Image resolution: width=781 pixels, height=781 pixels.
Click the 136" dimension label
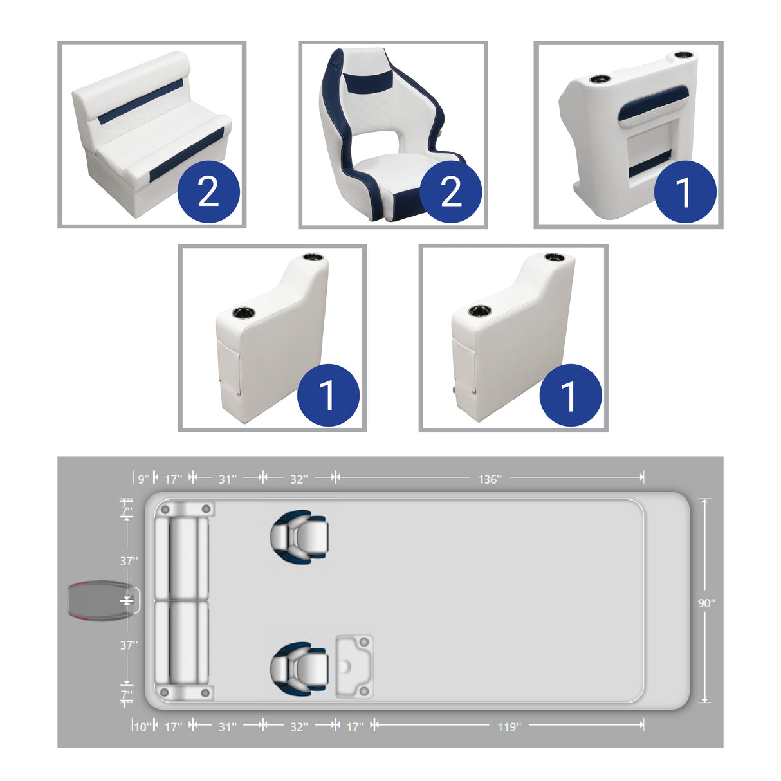(490, 479)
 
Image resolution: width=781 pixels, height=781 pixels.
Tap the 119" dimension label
(508, 727)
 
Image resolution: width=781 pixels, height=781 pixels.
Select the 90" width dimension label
(706, 603)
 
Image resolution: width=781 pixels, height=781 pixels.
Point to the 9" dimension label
(143, 479)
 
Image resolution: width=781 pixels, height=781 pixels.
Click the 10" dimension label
(142, 727)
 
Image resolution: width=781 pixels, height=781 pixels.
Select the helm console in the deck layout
(354, 666)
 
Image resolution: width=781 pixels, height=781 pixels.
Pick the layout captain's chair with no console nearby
(300, 537)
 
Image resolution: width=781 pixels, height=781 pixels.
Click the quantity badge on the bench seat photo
(208, 192)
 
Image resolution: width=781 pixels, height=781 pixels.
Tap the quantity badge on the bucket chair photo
(450, 192)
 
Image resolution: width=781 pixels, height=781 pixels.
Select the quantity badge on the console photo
(685, 192)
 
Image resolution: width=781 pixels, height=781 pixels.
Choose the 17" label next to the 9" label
(173, 479)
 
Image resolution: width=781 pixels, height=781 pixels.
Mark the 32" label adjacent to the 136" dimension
(299, 479)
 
